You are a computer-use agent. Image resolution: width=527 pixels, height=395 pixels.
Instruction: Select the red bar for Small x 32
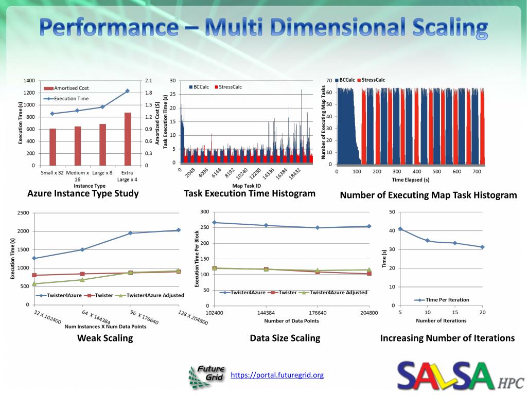click(52, 147)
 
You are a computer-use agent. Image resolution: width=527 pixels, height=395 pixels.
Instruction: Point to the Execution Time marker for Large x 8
click(102, 107)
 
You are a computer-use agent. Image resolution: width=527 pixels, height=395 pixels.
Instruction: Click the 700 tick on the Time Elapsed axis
click(477, 171)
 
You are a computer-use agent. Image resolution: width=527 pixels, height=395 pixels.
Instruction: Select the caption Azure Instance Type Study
click(83, 193)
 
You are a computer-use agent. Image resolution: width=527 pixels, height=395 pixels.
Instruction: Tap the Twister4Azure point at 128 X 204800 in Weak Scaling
click(178, 230)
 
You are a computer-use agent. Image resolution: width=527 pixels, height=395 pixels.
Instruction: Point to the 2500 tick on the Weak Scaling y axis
click(22, 213)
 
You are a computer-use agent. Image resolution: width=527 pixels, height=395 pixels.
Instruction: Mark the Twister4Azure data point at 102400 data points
click(215, 223)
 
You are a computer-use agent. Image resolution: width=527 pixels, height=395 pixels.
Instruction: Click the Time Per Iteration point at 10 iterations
click(427, 240)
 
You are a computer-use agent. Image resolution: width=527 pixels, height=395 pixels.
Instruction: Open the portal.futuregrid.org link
click(277, 375)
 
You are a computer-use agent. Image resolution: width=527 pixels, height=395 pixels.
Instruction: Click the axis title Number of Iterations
click(441, 320)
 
